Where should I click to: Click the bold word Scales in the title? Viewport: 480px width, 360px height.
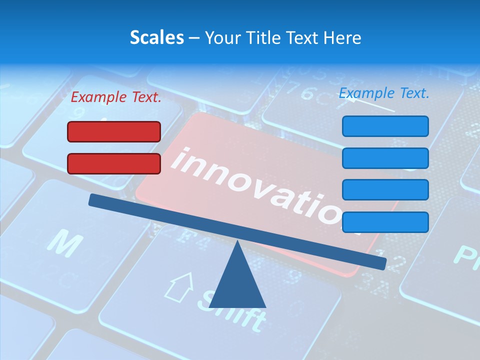point(156,37)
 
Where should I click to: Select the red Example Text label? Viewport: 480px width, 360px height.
point(116,97)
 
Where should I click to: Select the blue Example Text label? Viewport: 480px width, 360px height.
point(384,93)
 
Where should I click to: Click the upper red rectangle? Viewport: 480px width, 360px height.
point(114,131)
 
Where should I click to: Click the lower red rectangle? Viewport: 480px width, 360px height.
point(114,163)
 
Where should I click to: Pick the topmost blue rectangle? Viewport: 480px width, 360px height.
point(385,126)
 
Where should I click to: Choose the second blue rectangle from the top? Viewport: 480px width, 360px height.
point(385,158)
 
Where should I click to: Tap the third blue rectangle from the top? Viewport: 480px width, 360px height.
point(385,190)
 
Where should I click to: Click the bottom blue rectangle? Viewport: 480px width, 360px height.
point(385,222)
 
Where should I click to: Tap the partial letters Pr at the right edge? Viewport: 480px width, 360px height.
point(466,252)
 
